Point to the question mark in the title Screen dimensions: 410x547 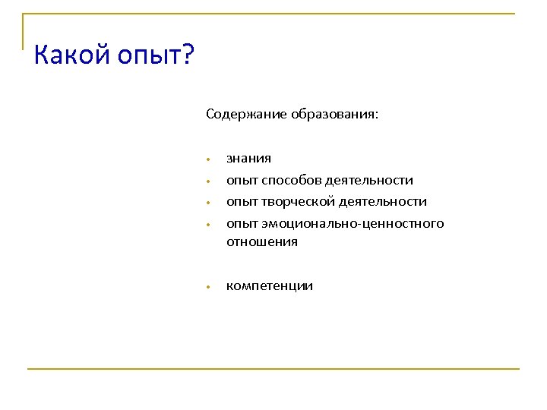coord(188,55)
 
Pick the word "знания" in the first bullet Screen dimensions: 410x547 coord(248,159)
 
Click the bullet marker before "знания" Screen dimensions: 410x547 coord(207,160)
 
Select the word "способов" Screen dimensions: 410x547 coord(292,181)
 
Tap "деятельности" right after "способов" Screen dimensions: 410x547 coord(369,181)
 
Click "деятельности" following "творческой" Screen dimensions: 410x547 coord(382,202)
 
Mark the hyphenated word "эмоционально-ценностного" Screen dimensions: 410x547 coord(353,224)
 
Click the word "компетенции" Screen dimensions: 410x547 coord(269,286)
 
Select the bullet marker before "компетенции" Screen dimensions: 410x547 coord(207,288)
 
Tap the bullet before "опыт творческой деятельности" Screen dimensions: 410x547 coord(207,203)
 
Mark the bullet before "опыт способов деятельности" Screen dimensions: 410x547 coord(207,182)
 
